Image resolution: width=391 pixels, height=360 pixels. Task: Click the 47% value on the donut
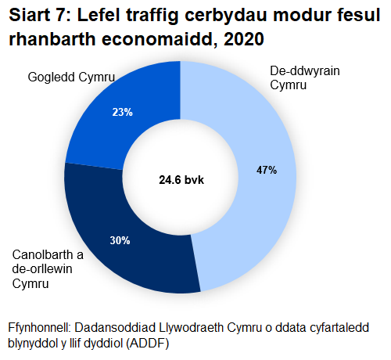click(267, 170)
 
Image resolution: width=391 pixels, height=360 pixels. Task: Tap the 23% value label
click(122, 112)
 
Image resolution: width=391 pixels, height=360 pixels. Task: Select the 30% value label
click(120, 240)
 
